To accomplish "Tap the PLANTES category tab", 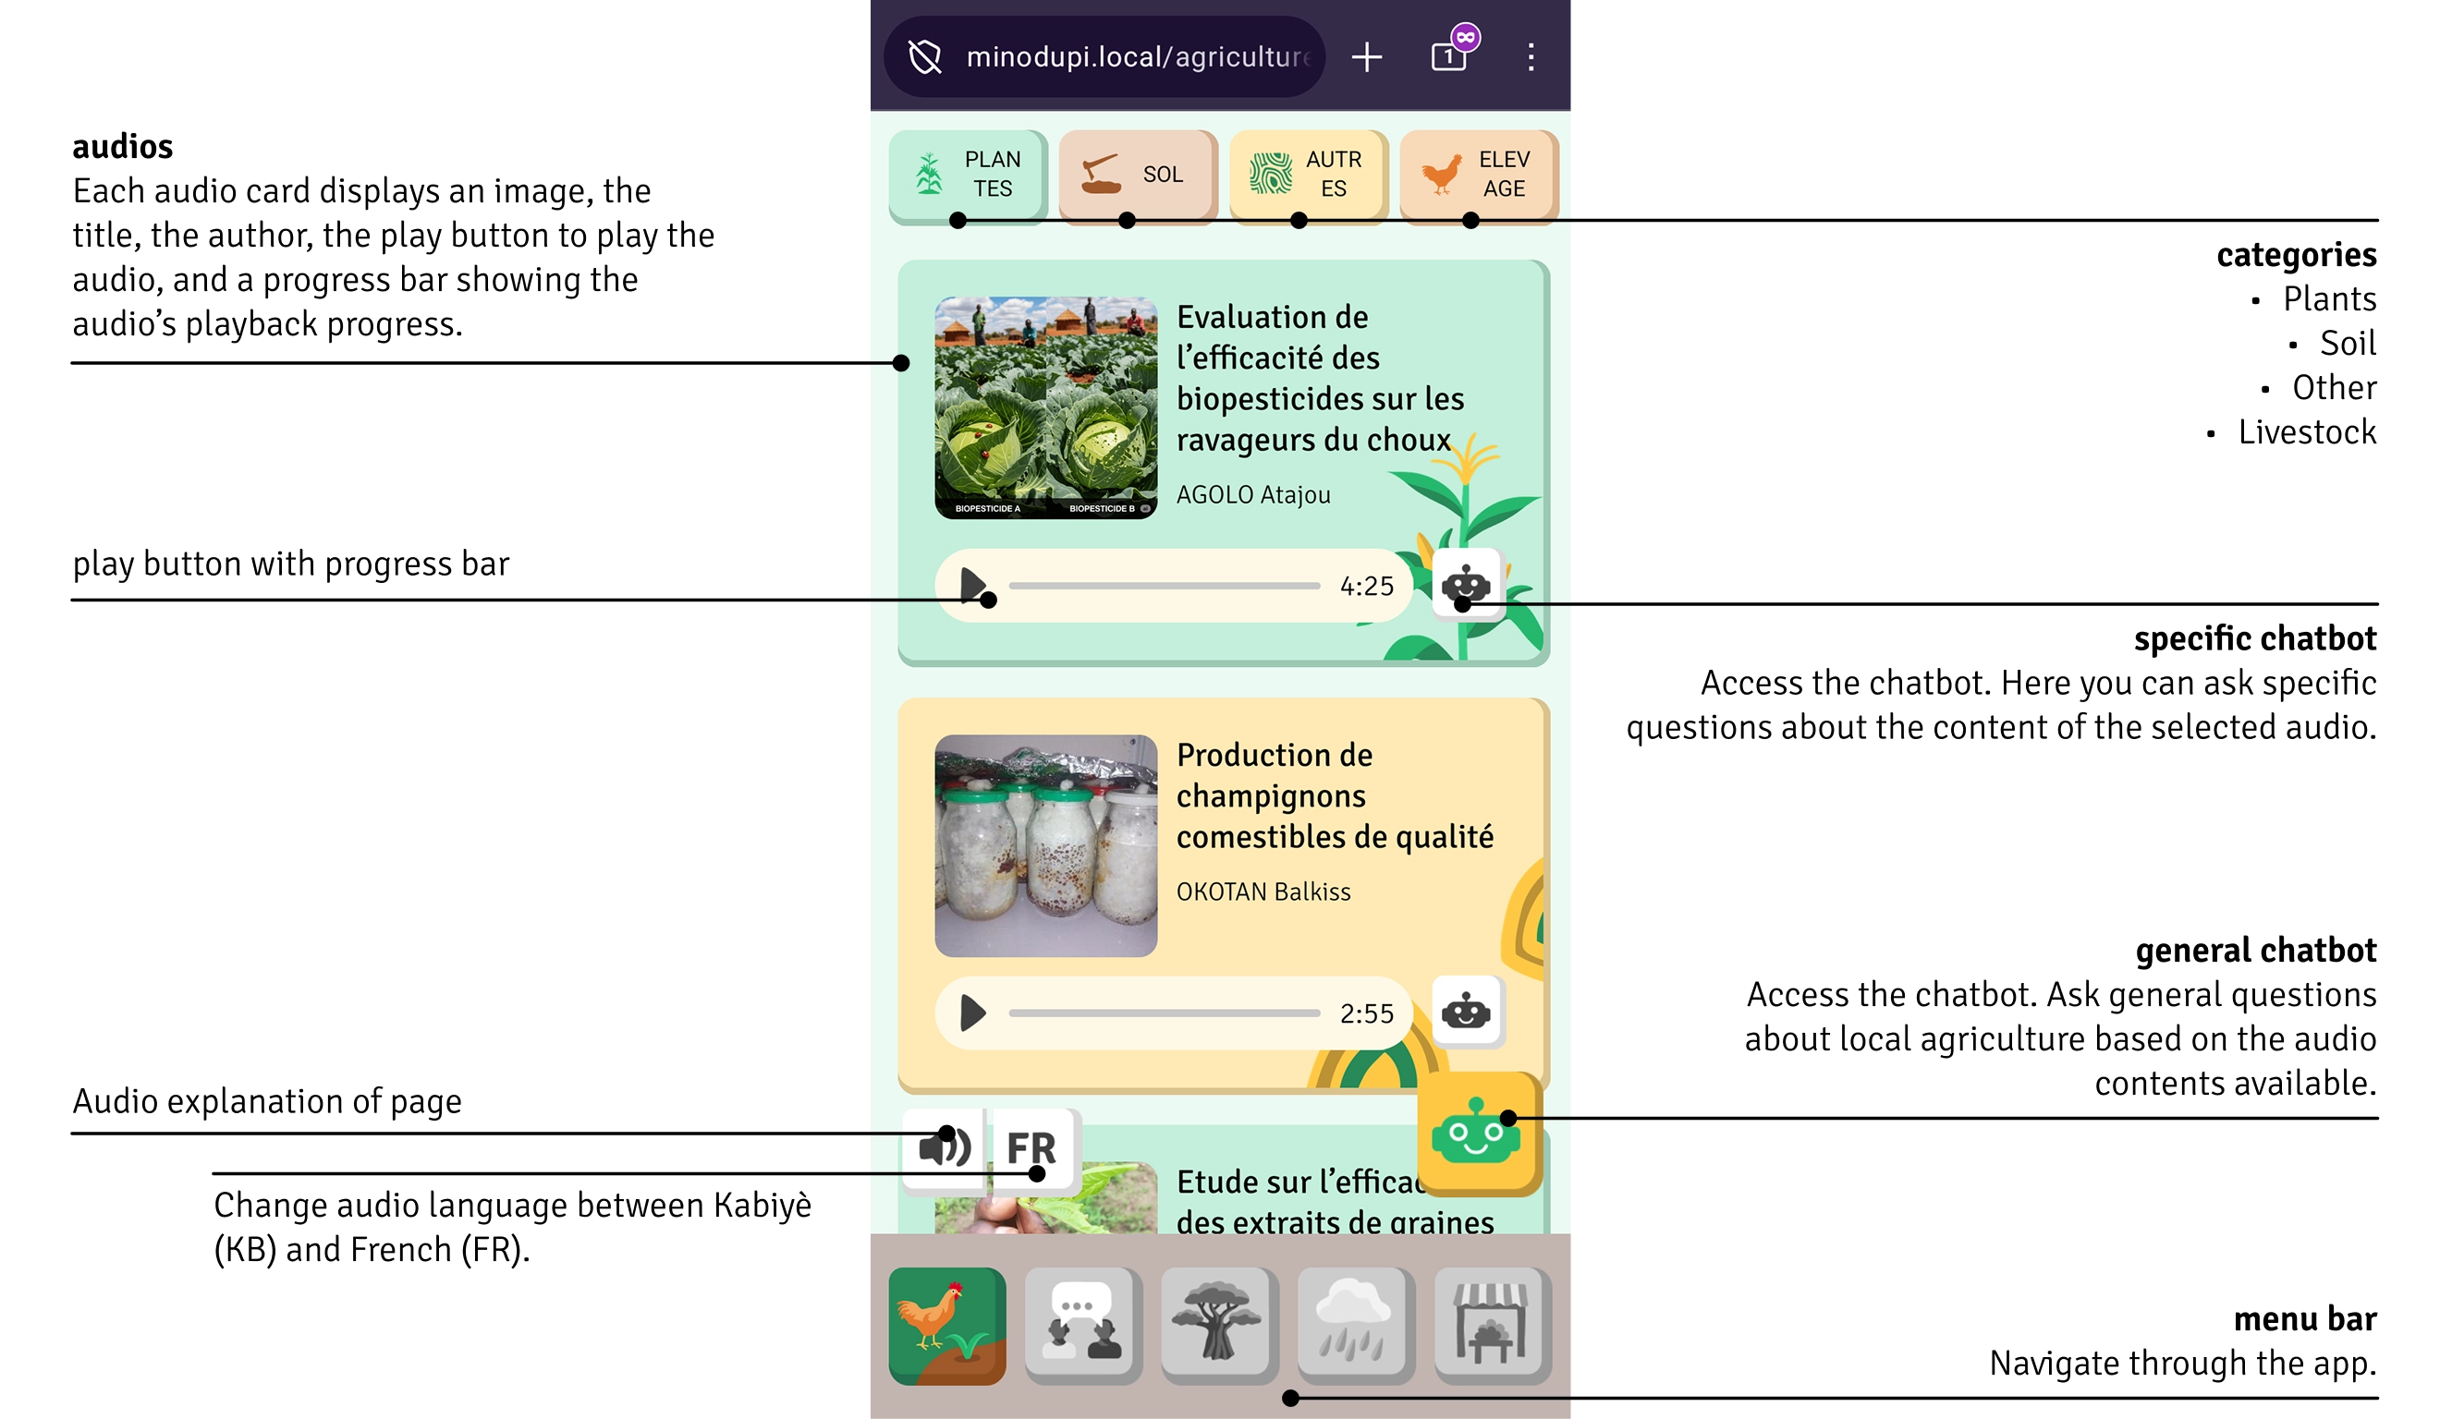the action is click(968, 176).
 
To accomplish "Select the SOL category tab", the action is click(1138, 176).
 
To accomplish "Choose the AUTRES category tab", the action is click(1308, 176).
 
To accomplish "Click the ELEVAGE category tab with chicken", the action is click(1479, 176).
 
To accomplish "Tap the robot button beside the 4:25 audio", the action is click(1466, 585).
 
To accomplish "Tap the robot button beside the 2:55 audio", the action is click(1466, 1013).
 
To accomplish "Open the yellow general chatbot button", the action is click(1479, 1133).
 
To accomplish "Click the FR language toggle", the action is click(1032, 1149).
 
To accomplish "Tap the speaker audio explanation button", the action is click(944, 1149).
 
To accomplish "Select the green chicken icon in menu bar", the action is click(947, 1326).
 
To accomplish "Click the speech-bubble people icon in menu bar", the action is click(1083, 1326).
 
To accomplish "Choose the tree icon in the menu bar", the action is click(1220, 1326).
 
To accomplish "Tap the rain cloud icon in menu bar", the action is click(1356, 1326).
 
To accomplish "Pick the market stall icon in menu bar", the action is click(1492, 1326).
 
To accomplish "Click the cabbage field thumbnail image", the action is click(1045, 407).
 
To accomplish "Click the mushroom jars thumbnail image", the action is click(1045, 846).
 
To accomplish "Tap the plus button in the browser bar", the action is click(1366, 57).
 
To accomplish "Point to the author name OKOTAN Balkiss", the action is click(1263, 891).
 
